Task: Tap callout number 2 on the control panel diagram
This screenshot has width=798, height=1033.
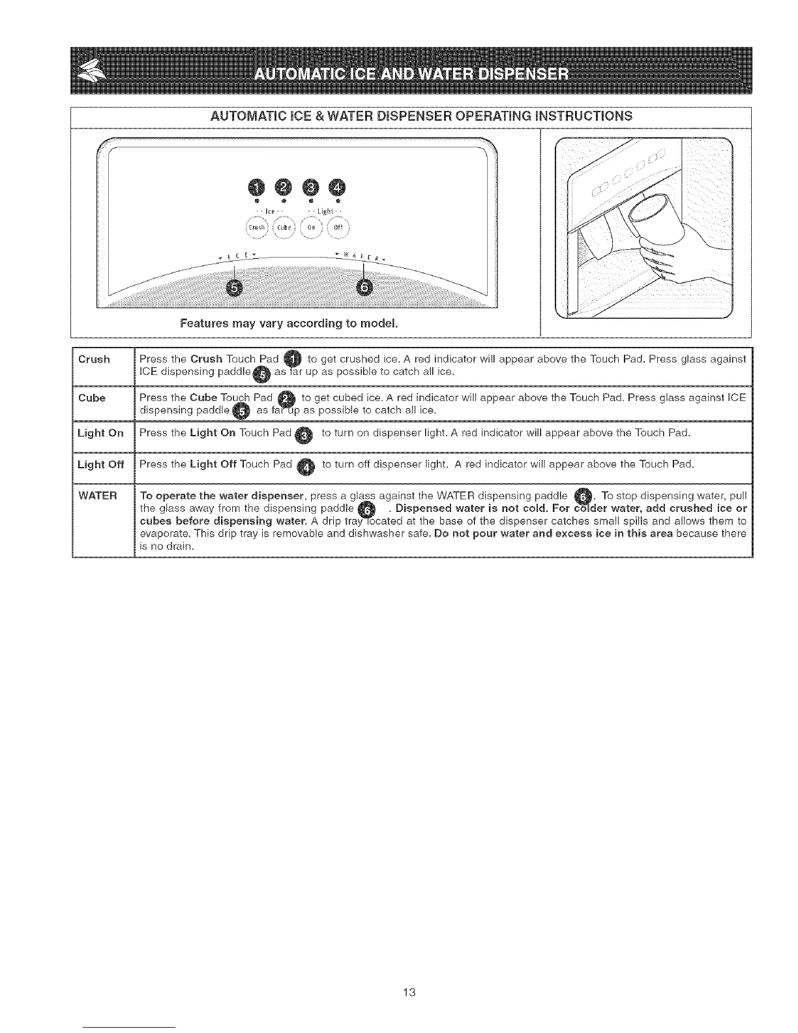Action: tap(284, 188)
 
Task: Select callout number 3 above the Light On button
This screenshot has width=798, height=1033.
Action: tap(312, 188)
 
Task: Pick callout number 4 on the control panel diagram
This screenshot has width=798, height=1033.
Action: tap(338, 188)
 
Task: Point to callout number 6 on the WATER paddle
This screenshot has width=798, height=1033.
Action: tap(364, 288)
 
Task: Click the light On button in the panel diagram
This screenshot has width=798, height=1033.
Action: tap(311, 227)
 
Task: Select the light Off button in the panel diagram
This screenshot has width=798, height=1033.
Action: tap(338, 227)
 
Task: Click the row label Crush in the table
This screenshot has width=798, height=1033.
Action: tap(94, 360)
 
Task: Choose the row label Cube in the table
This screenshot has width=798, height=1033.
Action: tap(92, 398)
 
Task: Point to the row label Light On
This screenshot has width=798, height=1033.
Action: tap(100, 433)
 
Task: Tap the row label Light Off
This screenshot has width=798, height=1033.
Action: tap(100, 464)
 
